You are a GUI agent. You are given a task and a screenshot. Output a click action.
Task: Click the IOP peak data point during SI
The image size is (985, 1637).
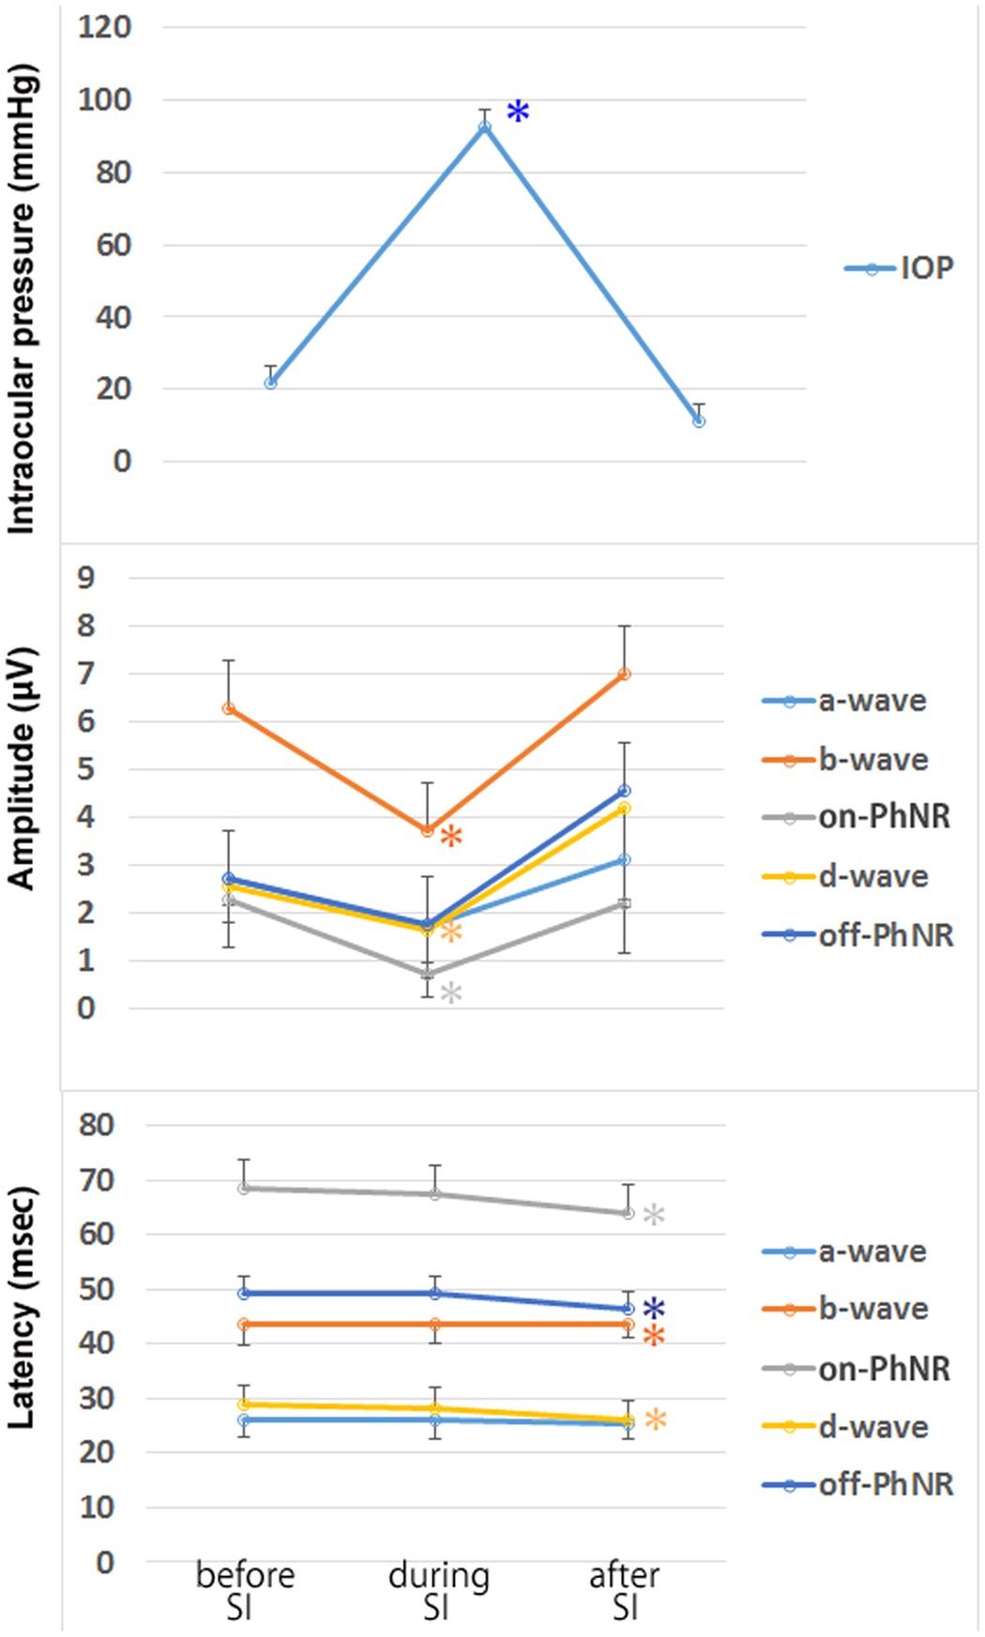[x=485, y=127]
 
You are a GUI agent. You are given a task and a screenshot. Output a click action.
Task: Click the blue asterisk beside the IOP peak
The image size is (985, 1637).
[x=518, y=113]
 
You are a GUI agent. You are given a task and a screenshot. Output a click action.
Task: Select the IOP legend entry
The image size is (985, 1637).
[x=899, y=269]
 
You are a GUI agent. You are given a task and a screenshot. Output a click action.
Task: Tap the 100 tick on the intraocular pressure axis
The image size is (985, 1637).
[x=105, y=99]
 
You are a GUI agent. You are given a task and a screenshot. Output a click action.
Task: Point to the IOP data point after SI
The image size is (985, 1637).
[x=699, y=421]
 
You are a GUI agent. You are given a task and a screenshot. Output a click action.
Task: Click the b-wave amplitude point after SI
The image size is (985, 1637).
[x=625, y=674]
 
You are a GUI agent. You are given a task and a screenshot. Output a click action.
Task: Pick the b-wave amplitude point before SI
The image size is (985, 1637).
[x=228, y=708]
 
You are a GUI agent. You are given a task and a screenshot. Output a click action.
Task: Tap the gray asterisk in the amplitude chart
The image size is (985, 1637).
[x=451, y=993]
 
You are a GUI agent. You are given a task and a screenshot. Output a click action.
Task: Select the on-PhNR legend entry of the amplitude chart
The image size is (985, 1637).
[x=857, y=817]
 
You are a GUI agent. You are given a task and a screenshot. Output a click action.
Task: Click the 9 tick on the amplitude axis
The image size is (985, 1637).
[x=86, y=578]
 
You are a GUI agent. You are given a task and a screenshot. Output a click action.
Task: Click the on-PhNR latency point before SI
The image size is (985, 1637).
[x=244, y=1188]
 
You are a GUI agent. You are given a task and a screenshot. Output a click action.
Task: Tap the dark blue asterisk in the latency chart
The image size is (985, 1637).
[x=654, y=1309]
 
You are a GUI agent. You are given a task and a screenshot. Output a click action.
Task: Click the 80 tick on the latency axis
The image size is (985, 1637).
[x=98, y=1124]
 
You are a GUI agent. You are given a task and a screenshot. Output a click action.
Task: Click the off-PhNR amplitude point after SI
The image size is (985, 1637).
[x=625, y=791]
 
